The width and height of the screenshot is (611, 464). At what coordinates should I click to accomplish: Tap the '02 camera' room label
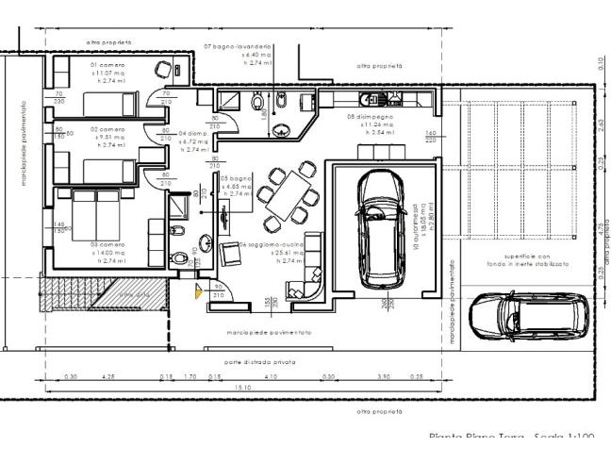pyautogui.click(x=107, y=129)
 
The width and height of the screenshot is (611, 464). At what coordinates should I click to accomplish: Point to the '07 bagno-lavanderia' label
pyautogui.click(x=239, y=46)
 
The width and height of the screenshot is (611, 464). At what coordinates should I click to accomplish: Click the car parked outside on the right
pyautogui.click(x=530, y=315)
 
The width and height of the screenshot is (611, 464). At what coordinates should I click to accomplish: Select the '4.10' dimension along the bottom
pyautogui.click(x=271, y=376)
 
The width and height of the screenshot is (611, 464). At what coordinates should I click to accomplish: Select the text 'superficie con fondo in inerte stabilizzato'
pyautogui.click(x=522, y=261)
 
